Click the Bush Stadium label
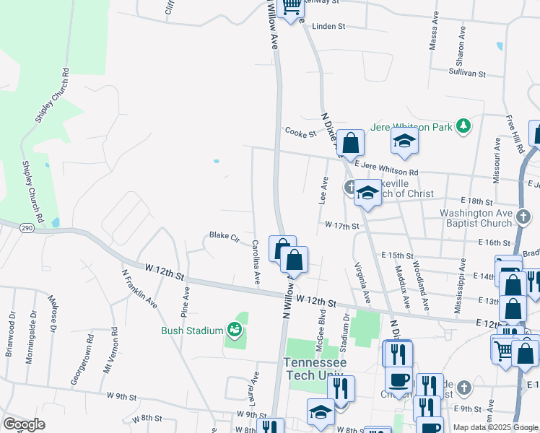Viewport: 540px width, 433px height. pos(191,331)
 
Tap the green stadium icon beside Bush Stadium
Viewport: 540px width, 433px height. pos(235,331)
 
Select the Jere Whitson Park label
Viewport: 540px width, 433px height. pos(411,127)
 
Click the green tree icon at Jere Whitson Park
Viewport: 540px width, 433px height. pos(463,127)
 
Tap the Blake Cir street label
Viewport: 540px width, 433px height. pos(224,235)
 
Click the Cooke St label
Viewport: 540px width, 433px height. pos(300,133)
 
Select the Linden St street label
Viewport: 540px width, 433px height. pos(329,26)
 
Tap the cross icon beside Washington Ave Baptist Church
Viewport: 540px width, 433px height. pos(525,215)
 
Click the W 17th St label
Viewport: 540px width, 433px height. pos(341,226)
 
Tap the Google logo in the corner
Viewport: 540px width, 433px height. pos(24,424)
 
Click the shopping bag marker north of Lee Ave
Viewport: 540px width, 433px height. pos(350,143)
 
